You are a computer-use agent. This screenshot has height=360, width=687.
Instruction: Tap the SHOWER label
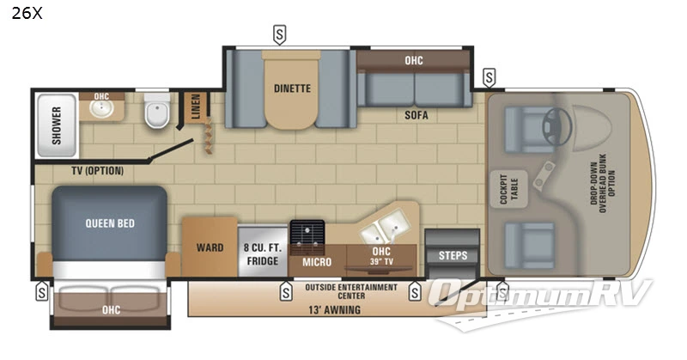[x=57, y=124]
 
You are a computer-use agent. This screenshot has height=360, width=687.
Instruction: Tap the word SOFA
[x=417, y=114]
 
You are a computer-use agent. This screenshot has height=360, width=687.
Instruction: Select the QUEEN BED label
[x=109, y=223]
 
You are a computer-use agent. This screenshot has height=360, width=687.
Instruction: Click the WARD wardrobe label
[x=209, y=248]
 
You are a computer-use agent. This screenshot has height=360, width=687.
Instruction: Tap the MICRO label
[x=317, y=261]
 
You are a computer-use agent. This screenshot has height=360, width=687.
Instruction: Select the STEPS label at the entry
[x=453, y=255]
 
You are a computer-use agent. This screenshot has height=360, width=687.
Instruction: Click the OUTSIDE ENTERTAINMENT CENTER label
[x=351, y=291]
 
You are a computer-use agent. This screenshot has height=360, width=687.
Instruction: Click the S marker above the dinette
[x=279, y=34]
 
